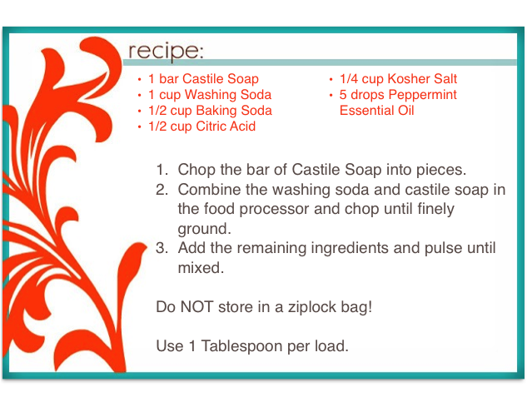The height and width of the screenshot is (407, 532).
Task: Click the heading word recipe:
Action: point(166,52)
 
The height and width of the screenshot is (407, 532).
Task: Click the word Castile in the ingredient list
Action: point(203,79)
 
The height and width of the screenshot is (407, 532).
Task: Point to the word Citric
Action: point(211,127)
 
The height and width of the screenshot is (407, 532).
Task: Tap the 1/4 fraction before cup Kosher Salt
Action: point(349,79)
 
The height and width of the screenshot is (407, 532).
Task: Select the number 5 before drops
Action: point(343,95)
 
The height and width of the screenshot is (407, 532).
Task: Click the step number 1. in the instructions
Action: point(162,170)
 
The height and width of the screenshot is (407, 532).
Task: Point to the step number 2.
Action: point(162,190)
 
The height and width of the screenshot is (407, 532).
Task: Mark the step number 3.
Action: point(162,248)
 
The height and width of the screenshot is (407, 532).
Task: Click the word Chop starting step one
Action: point(196,170)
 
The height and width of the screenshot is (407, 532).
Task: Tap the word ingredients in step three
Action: point(350,248)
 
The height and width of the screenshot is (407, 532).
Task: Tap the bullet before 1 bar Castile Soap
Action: point(139,79)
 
